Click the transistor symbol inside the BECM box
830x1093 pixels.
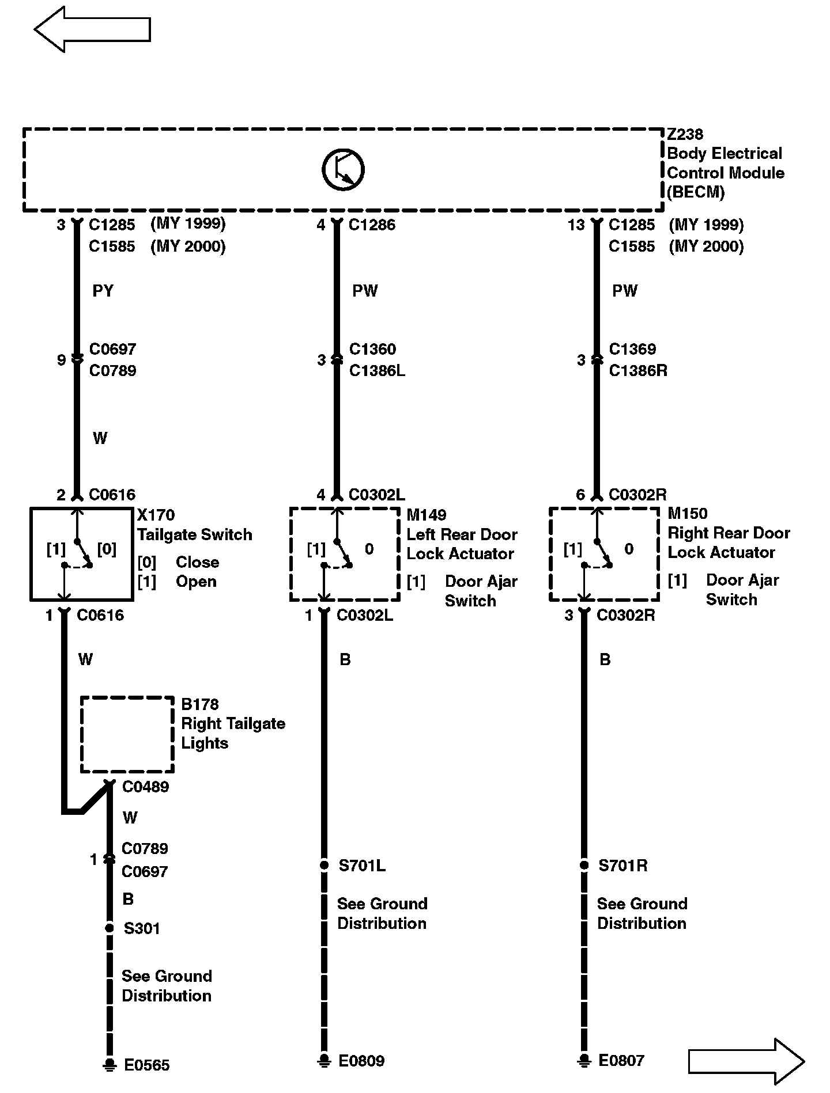point(343,170)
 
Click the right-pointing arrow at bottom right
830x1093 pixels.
point(746,1061)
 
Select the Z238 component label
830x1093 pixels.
point(685,135)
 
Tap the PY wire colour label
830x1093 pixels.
point(103,291)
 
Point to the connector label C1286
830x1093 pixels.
point(372,225)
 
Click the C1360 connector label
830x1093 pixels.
point(372,349)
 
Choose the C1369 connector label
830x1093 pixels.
point(632,349)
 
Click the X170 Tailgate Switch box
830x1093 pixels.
point(81,554)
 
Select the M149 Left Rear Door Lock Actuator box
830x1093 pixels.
point(344,554)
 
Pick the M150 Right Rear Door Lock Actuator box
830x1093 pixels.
point(604,554)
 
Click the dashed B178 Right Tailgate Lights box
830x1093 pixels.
point(127,734)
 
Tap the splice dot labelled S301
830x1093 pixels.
point(109,928)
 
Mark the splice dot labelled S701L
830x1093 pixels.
point(325,866)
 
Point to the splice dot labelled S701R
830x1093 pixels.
point(584,866)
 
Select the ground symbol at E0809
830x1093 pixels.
point(325,1061)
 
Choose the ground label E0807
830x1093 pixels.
point(621,1061)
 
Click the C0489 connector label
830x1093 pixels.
point(145,787)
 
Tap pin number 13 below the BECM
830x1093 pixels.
point(576,225)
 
